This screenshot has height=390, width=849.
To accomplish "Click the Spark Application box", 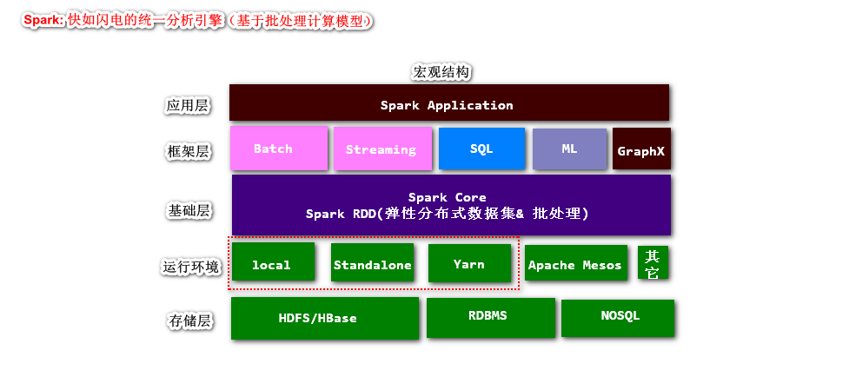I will coord(448,103).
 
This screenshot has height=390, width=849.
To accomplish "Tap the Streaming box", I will coord(381,149).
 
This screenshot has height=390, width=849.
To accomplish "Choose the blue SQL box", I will coord(481,149).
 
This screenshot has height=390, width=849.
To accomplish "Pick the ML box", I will coord(568,149).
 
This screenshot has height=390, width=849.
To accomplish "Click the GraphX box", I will coord(641,149).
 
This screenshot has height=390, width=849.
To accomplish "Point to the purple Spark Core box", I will coord(450,205).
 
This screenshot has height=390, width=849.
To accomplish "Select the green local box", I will coord(272,262).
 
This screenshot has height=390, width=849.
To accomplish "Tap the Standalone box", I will coord(372,262).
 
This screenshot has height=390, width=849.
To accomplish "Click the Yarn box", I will coord(469,262).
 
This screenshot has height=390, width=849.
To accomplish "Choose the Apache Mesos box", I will coord(575,263).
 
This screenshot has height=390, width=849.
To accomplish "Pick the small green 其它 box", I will coord(653,263).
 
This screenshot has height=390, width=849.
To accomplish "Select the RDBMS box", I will coord(490,317).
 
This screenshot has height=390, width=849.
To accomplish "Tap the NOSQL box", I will coord(618,317).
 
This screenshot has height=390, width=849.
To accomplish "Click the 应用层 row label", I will coord(188,106).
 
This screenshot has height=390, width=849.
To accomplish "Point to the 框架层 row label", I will coord(188,152).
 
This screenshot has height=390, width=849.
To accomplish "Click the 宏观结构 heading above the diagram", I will coord(441,72).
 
